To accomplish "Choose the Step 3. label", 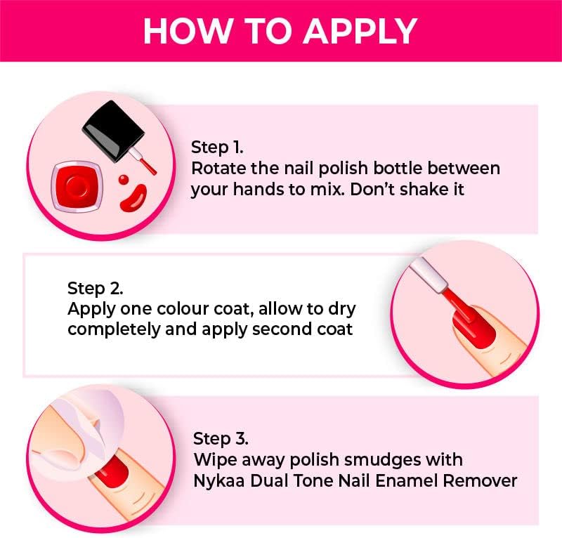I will [221, 439].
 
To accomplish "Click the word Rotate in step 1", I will [214, 169].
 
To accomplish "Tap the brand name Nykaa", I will [217, 481].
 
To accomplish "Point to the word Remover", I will [483, 481].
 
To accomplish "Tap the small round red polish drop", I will [124, 180].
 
